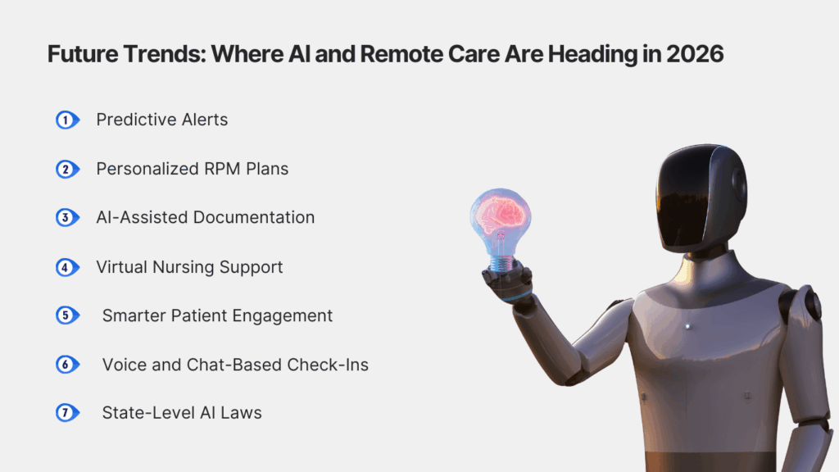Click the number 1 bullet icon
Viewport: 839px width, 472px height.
point(66,120)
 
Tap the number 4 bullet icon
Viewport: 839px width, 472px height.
point(66,267)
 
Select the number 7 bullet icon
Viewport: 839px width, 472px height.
point(66,412)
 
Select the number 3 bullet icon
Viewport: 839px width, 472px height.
point(66,218)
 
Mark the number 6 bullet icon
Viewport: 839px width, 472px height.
point(66,365)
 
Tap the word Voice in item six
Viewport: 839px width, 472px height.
point(123,365)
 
